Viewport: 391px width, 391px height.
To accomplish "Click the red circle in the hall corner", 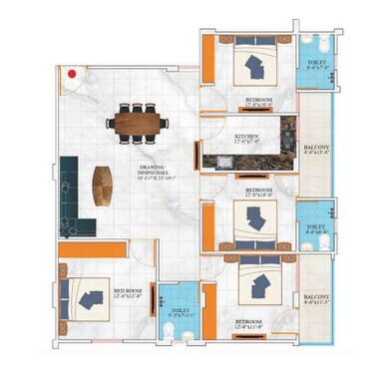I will click(72, 74).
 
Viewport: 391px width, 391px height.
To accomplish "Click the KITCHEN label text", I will click(247, 138).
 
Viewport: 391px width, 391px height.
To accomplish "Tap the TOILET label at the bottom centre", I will click(181, 310).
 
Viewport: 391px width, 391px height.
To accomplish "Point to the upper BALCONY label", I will click(316, 148).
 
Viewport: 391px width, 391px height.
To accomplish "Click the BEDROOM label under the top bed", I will click(258, 101).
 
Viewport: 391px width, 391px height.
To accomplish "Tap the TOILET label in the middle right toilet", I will click(314, 228).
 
